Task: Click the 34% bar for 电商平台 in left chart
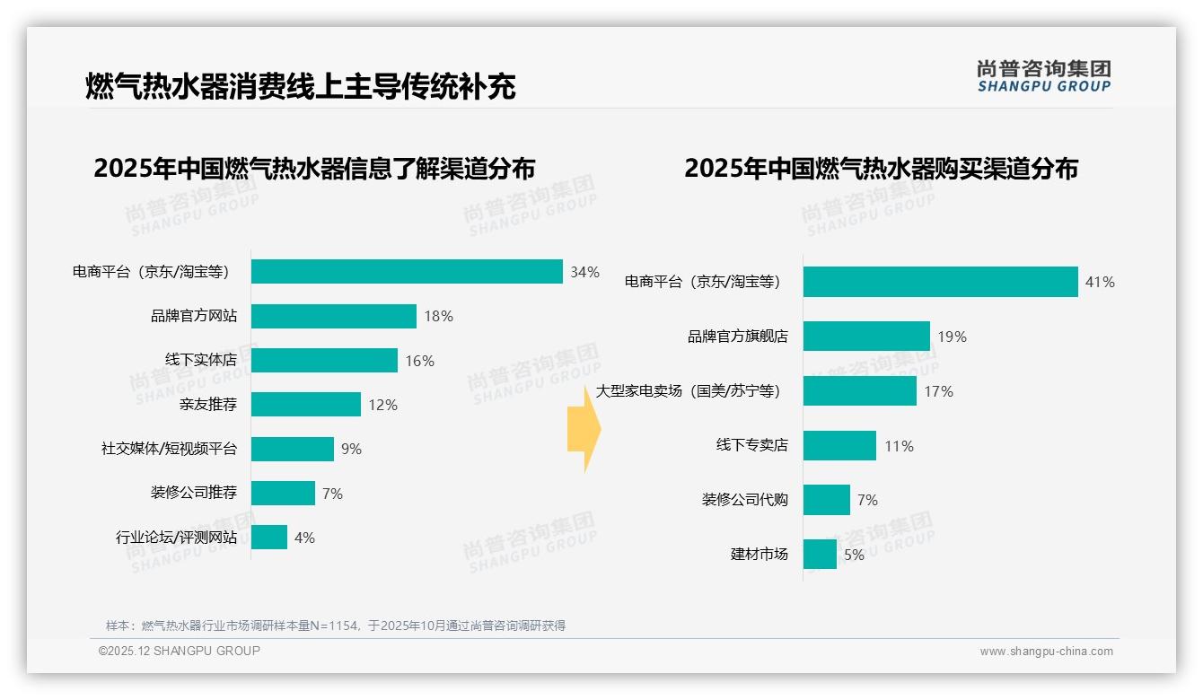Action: pos(407,272)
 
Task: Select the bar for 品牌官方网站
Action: pos(334,316)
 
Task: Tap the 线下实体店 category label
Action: pos(201,360)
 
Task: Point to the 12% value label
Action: pos(382,405)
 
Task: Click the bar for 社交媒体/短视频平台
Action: pos(293,449)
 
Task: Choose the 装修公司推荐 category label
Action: pos(194,493)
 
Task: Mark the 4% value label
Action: pos(304,538)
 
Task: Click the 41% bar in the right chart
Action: pos(940,282)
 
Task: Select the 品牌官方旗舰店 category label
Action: pos(737,337)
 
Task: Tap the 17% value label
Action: pos(938,391)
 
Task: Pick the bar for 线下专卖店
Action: pos(839,446)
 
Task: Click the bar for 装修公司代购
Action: pos(827,500)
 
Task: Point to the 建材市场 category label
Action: pos(759,555)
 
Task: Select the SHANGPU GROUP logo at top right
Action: pos(1043,76)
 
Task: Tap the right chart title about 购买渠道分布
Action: pos(881,169)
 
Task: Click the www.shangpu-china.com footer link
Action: pos(1046,652)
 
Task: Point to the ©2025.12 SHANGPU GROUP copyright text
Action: pos(180,651)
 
